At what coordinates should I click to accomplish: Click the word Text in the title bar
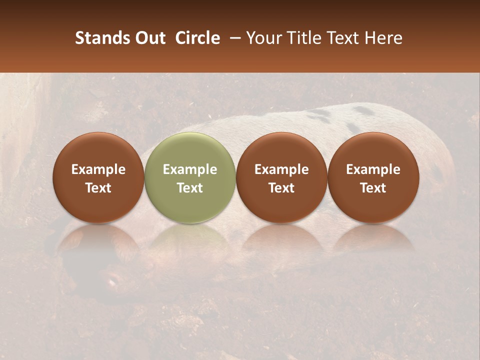point(343,38)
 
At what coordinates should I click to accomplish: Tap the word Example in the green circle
point(190,169)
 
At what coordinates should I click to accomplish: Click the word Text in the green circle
point(190,188)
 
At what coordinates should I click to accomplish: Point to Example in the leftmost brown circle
point(98,169)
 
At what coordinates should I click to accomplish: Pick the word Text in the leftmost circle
point(98,188)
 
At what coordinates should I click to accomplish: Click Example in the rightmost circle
point(373,169)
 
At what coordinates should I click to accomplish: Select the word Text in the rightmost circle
point(373,188)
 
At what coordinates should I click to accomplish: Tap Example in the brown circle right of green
point(281,169)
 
